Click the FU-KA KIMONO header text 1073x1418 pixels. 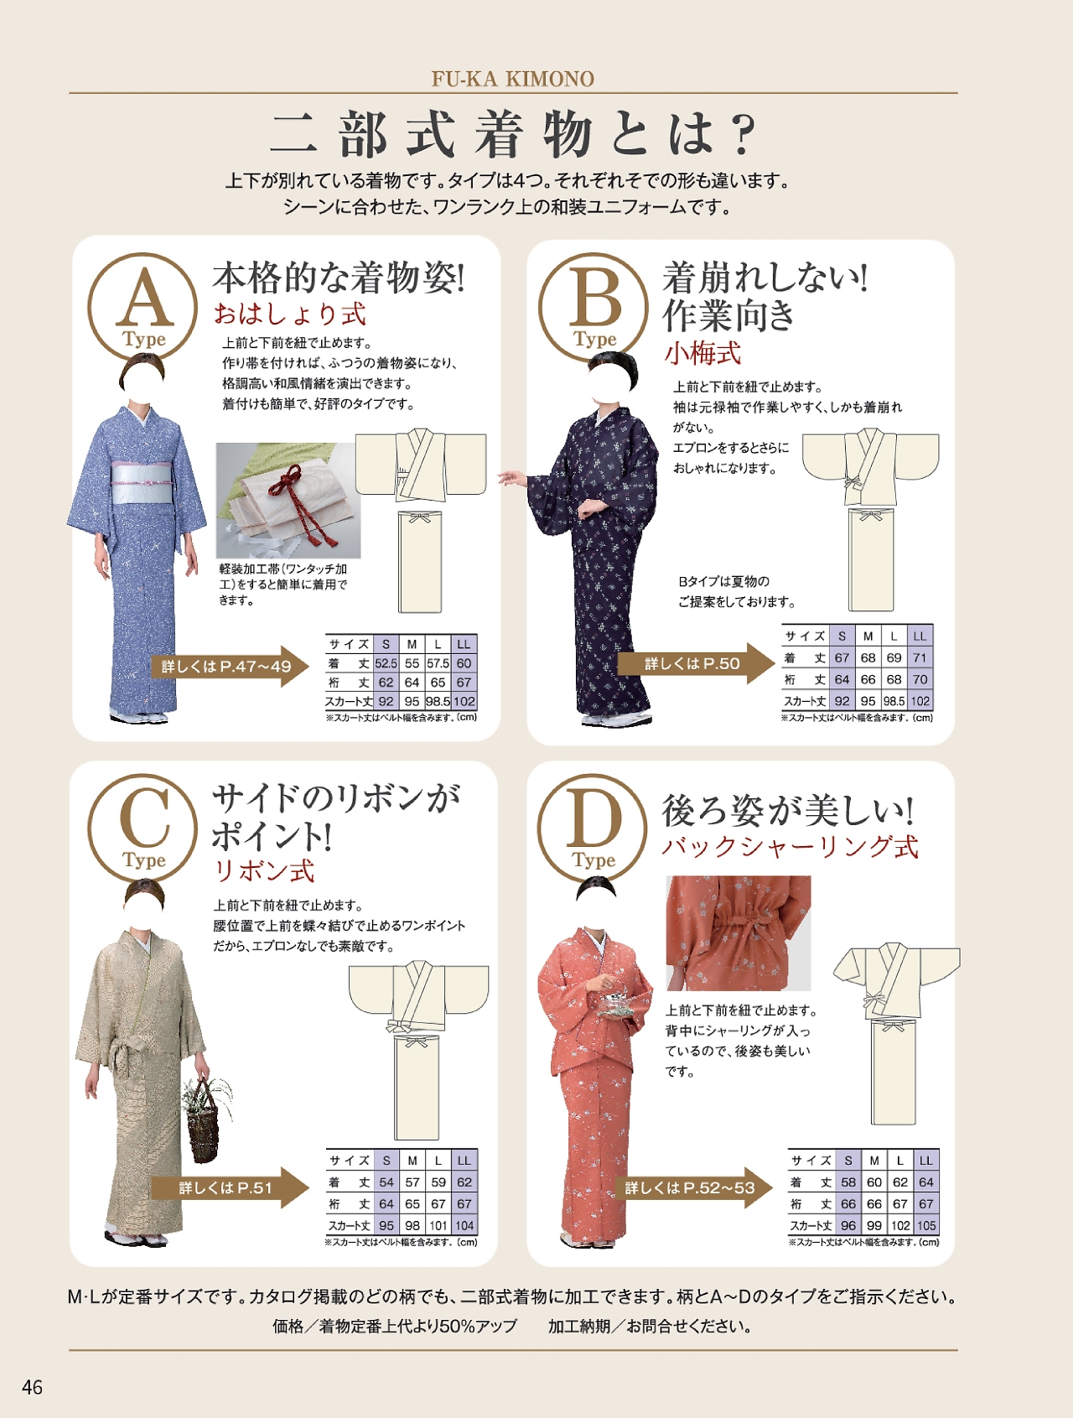click(x=512, y=79)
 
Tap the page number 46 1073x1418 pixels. click(x=32, y=1387)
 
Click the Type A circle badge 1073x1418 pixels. click(x=143, y=306)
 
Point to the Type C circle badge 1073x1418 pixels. click(x=143, y=827)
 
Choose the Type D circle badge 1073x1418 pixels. click(x=593, y=827)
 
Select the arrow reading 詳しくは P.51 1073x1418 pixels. click(x=230, y=1187)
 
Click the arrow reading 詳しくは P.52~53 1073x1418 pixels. click(x=694, y=1187)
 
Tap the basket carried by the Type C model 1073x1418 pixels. click(x=204, y=1119)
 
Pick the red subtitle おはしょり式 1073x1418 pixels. click(x=290, y=314)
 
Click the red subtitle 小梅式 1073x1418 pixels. click(x=702, y=353)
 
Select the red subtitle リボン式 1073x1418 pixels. click(x=264, y=871)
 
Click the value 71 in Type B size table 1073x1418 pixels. click(x=920, y=657)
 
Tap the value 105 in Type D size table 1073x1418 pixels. click(x=925, y=1225)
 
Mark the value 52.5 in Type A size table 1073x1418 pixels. click(x=386, y=663)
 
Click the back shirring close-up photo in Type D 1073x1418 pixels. click(x=739, y=933)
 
